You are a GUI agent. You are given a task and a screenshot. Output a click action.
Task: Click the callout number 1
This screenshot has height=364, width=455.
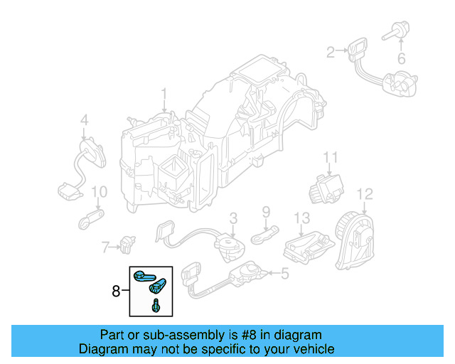click(x=164, y=93)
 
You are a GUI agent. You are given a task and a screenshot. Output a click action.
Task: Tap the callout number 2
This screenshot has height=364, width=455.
click(x=330, y=51)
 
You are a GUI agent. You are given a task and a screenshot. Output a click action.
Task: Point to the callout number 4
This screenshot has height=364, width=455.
click(x=84, y=120)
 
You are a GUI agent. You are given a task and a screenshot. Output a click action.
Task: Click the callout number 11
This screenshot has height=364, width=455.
click(x=330, y=157)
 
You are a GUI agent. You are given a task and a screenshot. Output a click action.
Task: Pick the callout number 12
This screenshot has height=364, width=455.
click(x=364, y=193)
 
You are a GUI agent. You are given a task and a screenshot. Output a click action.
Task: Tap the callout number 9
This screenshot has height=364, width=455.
click(x=267, y=212)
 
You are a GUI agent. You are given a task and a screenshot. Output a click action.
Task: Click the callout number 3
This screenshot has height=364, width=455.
click(x=232, y=218)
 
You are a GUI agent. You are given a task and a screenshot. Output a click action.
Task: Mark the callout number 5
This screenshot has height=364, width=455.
click(x=285, y=273)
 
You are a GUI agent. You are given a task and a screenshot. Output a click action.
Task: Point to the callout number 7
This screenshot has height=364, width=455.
click(x=105, y=247)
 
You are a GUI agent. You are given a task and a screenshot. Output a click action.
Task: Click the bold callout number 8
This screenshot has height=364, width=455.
click(x=116, y=290)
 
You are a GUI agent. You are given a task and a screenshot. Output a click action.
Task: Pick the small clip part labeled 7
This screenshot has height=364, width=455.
click(x=128, y=244)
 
